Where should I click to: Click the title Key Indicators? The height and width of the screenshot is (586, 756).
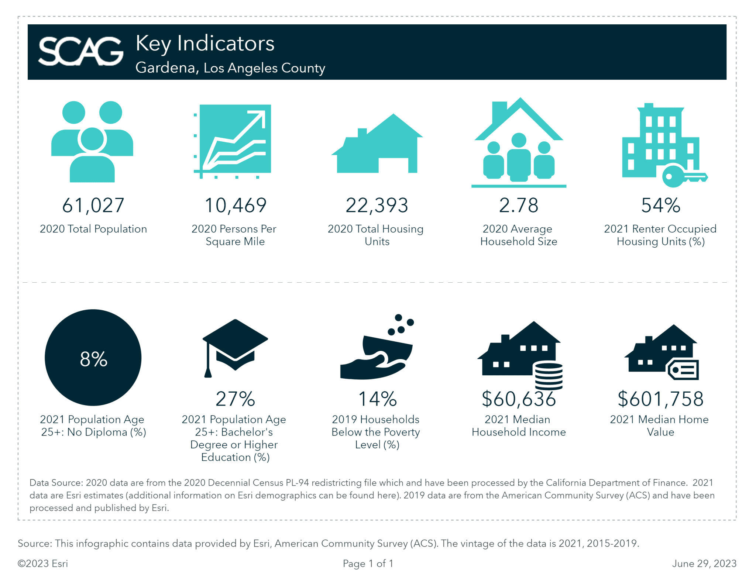click(205, 43)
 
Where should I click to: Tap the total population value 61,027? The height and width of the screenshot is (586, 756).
click(93, 205)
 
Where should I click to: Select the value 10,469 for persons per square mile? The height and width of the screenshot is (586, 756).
click(235, 205)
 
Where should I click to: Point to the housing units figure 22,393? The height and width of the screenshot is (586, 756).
click(377, 205)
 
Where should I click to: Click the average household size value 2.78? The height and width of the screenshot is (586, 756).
click(518, 205)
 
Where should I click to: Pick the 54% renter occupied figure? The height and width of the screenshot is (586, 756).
click(660, 205)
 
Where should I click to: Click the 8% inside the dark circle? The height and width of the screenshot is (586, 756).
click(93, 359)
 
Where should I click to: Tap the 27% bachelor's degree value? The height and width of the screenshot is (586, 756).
click(235, 399)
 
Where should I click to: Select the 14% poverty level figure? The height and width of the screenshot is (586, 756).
click(377, 399)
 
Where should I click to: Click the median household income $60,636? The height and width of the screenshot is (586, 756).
click(518, 399)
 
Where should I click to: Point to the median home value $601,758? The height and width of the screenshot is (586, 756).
click(660, 399)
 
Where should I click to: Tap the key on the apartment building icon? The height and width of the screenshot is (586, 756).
click(683, 177)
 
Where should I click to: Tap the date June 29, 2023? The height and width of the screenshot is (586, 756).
click(704, 563)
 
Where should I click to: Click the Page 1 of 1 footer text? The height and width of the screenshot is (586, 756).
click(368, 563)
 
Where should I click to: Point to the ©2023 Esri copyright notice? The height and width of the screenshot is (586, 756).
click(43, 563)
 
